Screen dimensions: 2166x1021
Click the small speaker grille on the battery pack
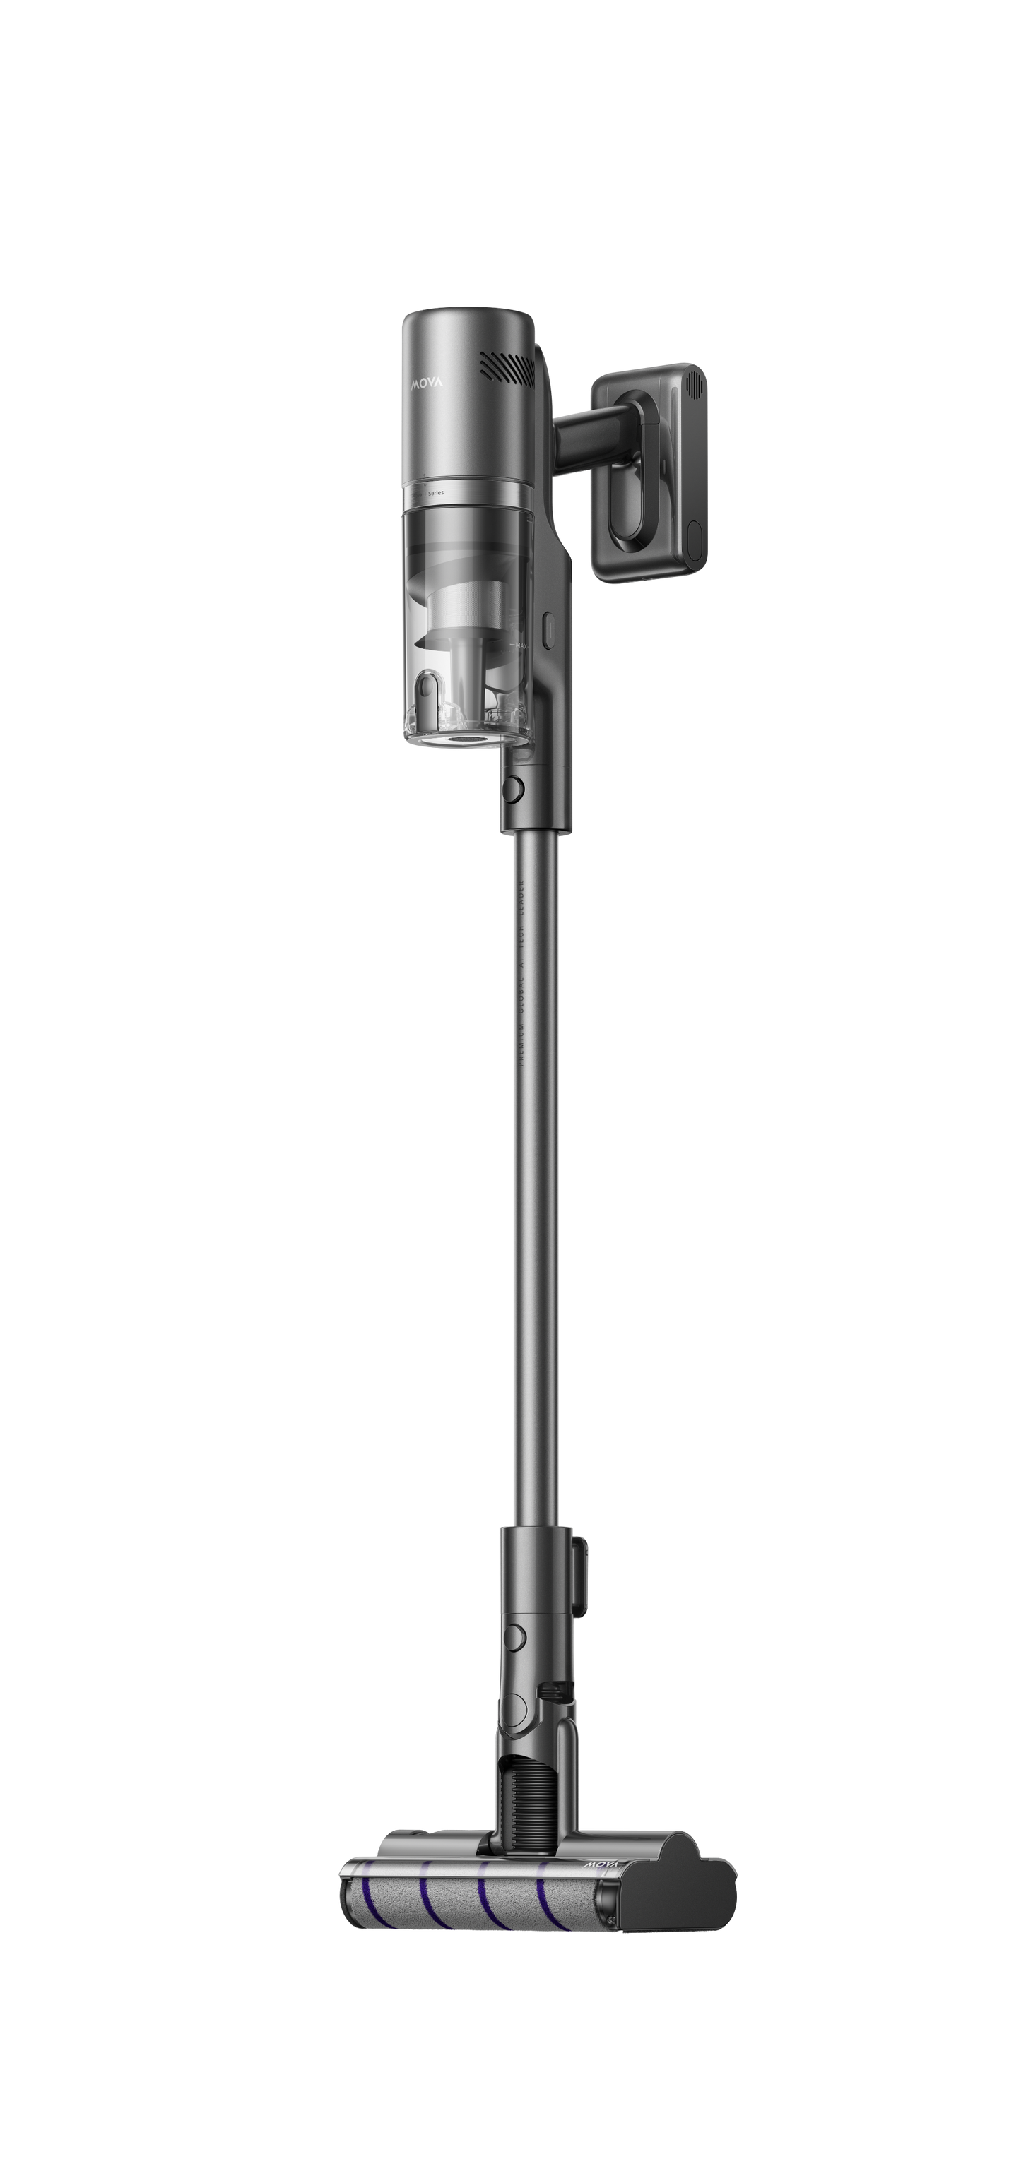pyautogui.click(x=695, y=388)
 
